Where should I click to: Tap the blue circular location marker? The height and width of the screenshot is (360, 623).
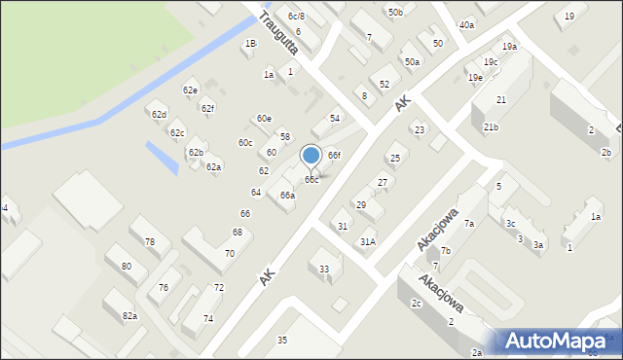311,156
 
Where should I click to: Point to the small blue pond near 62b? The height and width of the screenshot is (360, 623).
162,157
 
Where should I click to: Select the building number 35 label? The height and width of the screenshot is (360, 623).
282,340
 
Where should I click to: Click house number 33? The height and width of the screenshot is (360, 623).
324,270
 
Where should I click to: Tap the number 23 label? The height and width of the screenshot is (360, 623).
420,129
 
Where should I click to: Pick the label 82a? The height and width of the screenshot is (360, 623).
129,316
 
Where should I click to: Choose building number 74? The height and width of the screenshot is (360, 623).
208,319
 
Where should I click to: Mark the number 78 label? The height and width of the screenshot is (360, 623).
150,242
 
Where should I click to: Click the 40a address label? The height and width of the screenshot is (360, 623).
466,24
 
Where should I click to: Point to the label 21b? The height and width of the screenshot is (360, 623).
492,127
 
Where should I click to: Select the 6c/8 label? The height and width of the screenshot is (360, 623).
296,17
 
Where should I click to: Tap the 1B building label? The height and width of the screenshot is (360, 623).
250,44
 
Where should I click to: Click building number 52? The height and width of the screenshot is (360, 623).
385,85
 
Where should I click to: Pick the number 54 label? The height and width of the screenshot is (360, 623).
335,118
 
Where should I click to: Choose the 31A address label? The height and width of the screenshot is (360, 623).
368,241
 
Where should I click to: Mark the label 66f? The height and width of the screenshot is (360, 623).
334,156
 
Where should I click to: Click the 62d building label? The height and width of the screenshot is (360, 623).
158,114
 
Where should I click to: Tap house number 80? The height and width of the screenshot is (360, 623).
127,266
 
